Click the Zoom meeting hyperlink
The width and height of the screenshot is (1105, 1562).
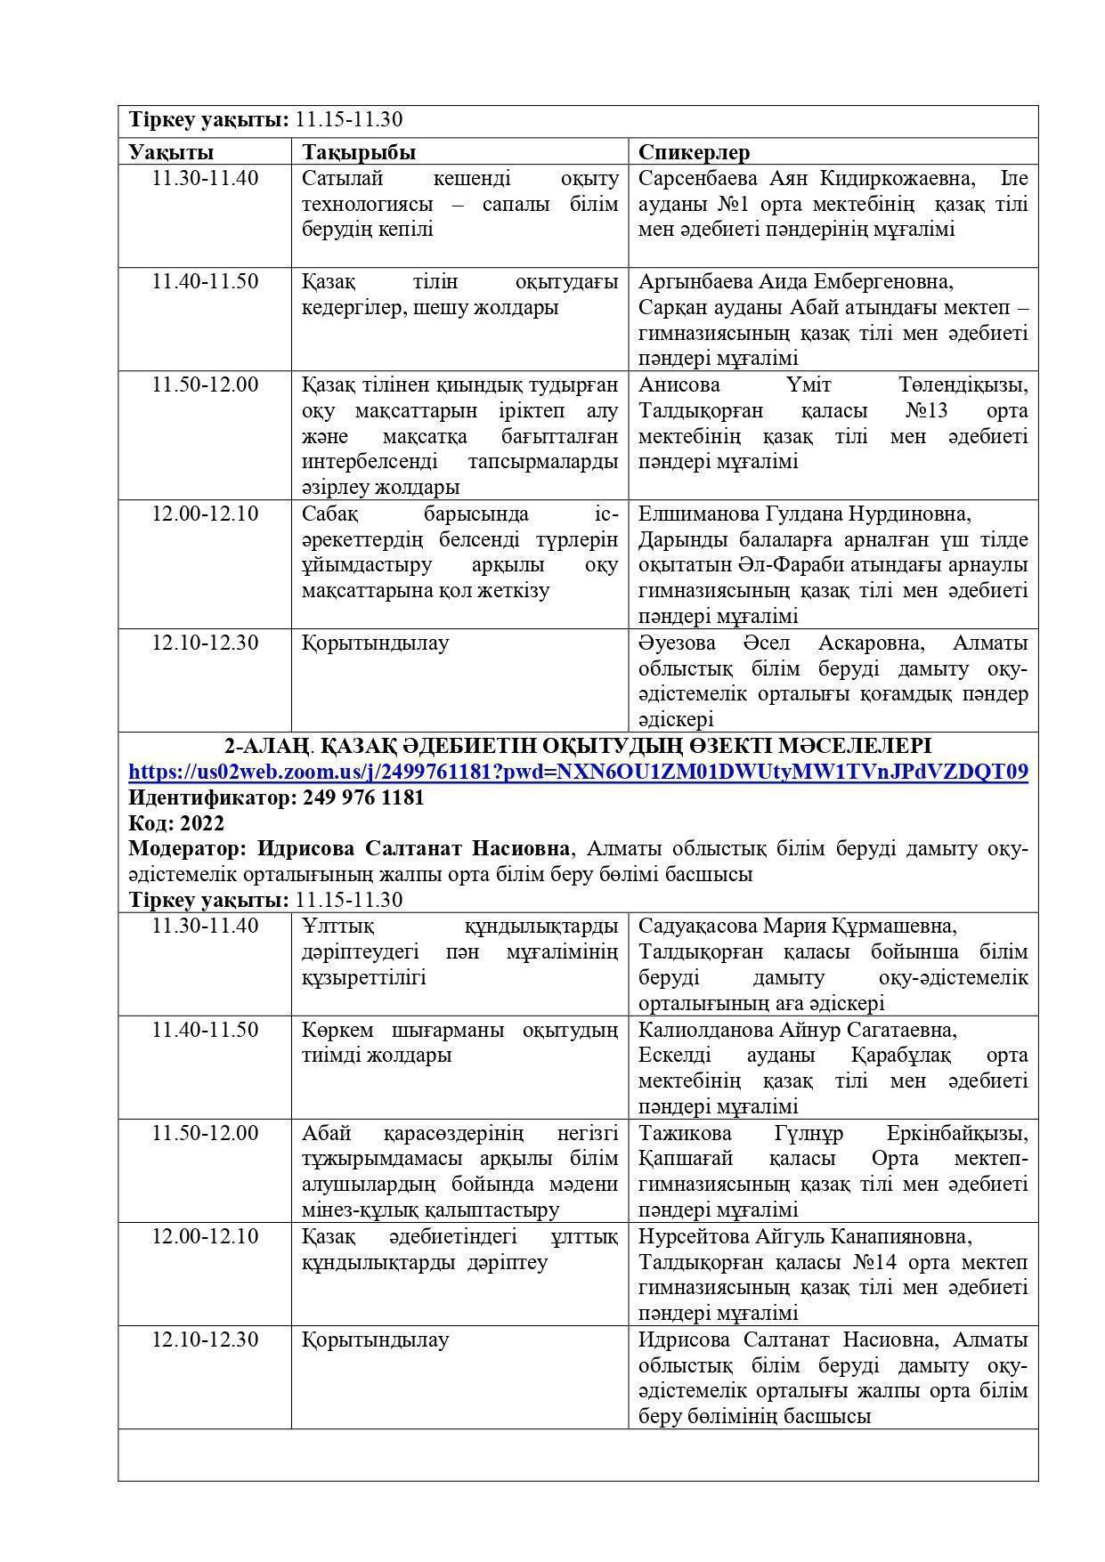[578, 772]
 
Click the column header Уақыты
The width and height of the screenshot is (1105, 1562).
[171, 152]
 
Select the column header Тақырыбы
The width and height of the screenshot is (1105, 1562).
[359, 152]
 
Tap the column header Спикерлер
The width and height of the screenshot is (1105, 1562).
[695, 152]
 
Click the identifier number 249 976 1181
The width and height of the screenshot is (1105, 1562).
[363, 797]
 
